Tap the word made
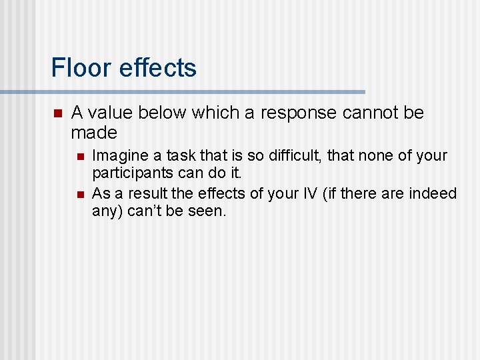point(94,132)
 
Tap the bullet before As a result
point(79,194)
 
